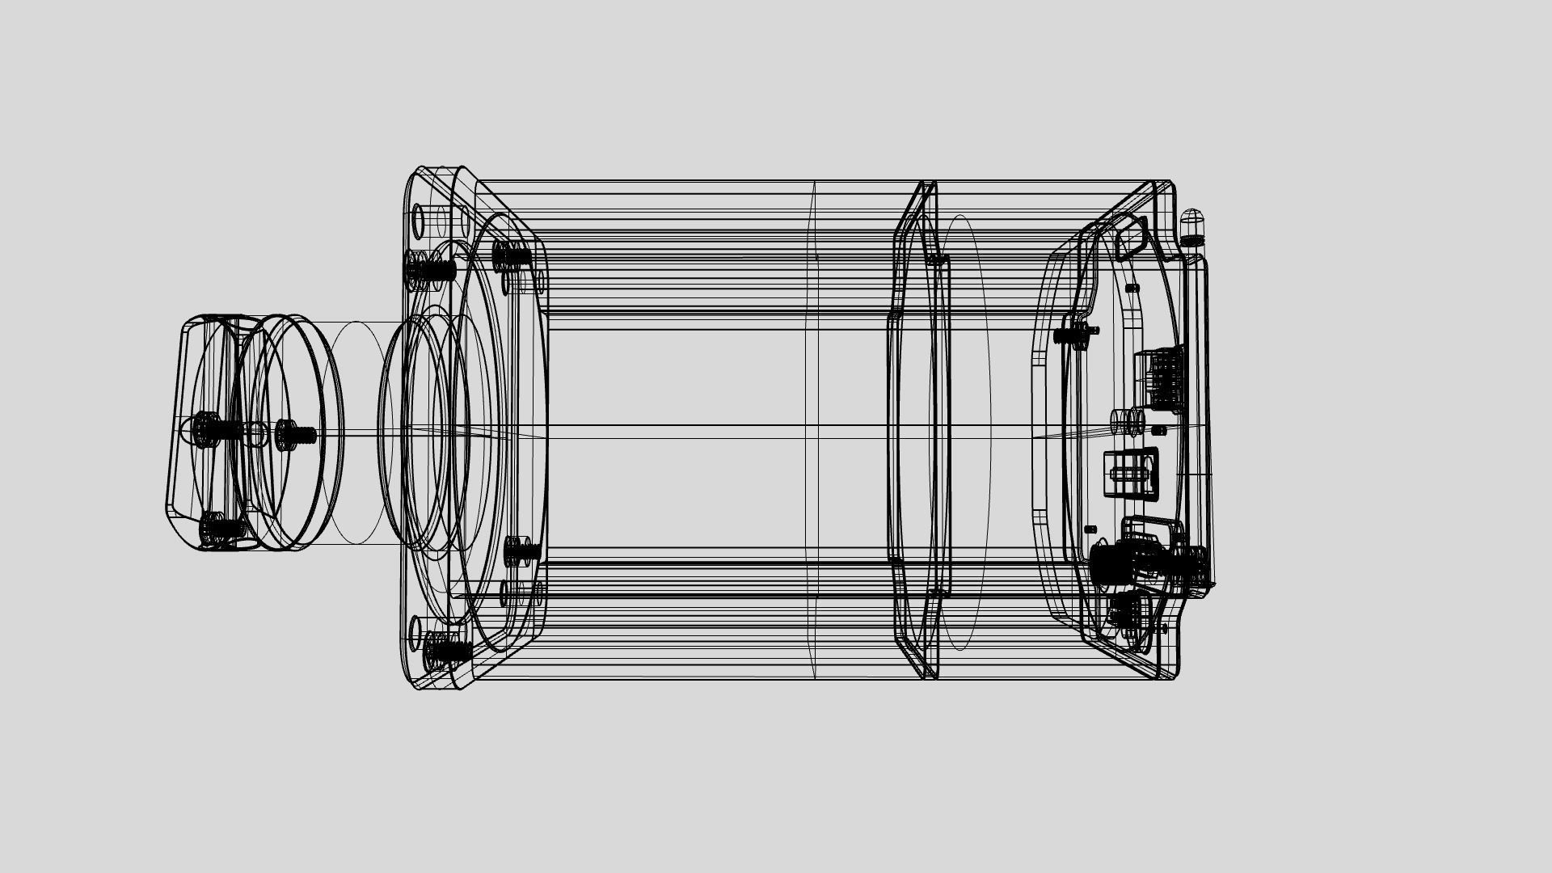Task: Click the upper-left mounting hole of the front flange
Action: click(420, 219)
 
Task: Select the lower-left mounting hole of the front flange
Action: click(417, 628)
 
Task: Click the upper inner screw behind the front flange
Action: click(511, 256)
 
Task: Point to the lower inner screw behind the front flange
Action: click(521, 551)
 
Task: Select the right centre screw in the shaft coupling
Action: click(294, 435)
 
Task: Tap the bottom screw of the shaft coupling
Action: click(218, 529)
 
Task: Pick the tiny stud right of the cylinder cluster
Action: click(1159, 430)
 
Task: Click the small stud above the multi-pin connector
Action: click(1132, 288)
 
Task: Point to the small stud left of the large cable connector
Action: click(1090, 529)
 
